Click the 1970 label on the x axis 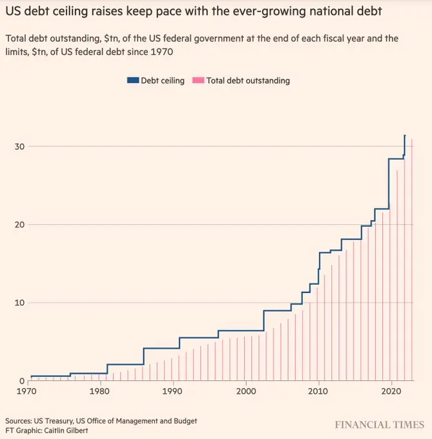click(x=27, y=391)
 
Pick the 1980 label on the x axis click(x=100, y=391)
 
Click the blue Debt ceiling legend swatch click(x=134, y=81)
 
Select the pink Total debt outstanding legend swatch click(x=199, y=81)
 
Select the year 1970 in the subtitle click(x=164, y=51)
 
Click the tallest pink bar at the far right click(x=411, y=258)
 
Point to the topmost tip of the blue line click(x=405, y=136)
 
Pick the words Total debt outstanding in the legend click(x=248, y=81)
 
